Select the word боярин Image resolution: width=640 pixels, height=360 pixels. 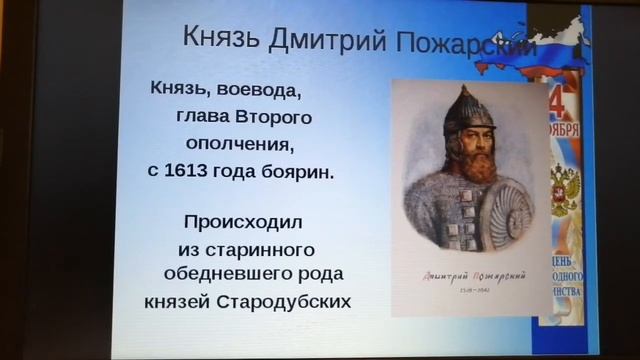[298, 171]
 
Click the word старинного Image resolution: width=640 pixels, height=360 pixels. [246, 248]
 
